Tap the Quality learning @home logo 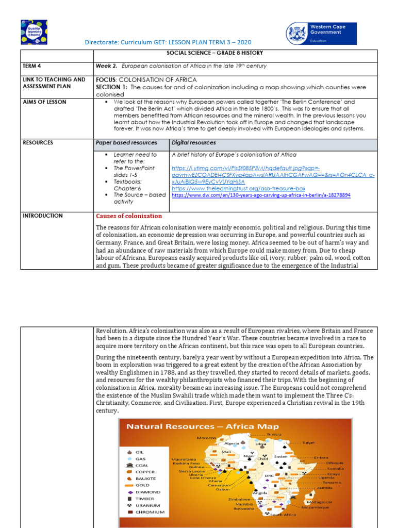click(34, 32)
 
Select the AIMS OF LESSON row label click(44, 102)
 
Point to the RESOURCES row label click(38, 142)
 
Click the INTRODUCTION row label click(42, 216)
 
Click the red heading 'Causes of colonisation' click(129, 216)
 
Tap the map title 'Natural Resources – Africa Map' click(203, 426)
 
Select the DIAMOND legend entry click(148, 492)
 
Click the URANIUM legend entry click(147, 505)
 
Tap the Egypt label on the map click(308, 442)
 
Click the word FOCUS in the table click(107, 79)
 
